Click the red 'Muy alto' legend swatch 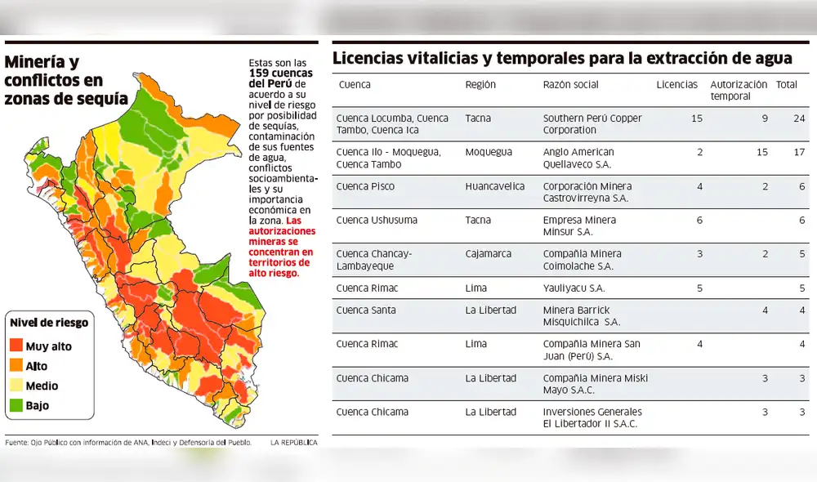click(16, 346)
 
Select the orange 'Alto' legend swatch click(16, 366)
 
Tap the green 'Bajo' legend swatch click(16, 405)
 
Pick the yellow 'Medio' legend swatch click(16, 386)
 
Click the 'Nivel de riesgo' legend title click(49, 323)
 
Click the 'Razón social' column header click(570, 85)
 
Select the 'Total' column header click(787, 85)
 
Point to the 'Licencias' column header click(676, 85)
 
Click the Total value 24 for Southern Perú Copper click(799, 118)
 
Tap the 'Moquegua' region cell click(488, 153)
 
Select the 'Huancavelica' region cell click(495, 186)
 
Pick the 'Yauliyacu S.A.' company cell click(574, 288)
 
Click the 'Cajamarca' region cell click(489, 254)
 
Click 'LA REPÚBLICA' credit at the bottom click(293, 442)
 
